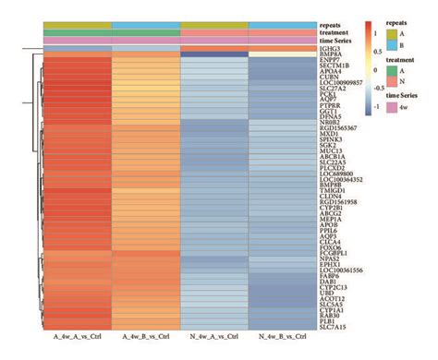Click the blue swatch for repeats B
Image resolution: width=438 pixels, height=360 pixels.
(392, 44)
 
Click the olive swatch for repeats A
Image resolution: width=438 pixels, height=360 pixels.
(392, 34)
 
